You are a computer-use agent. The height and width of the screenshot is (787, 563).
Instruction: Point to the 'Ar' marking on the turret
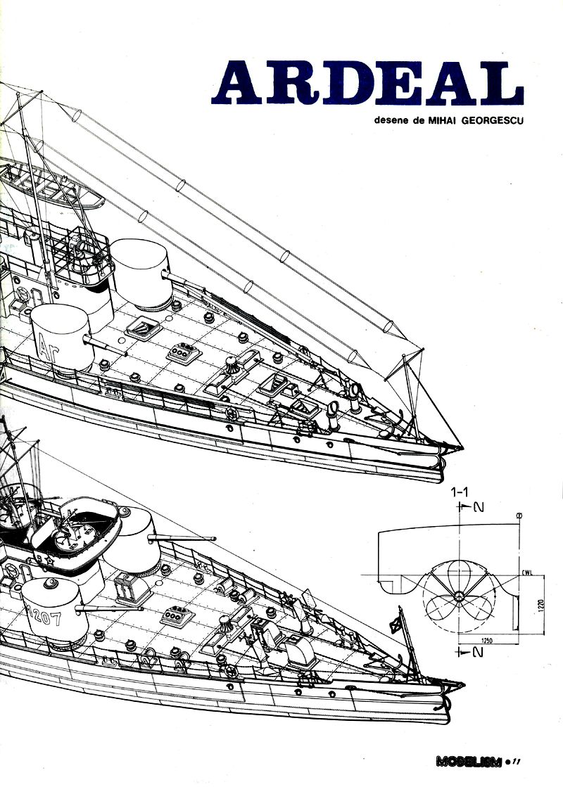(49, 346)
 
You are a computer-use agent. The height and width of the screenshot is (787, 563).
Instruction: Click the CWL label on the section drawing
(528, 572)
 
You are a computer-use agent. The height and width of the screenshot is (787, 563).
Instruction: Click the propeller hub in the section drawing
(459, 596)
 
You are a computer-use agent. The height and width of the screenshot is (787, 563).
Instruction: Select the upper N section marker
(469, 507)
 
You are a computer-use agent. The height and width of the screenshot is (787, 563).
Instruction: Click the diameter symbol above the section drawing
(519, 516)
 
